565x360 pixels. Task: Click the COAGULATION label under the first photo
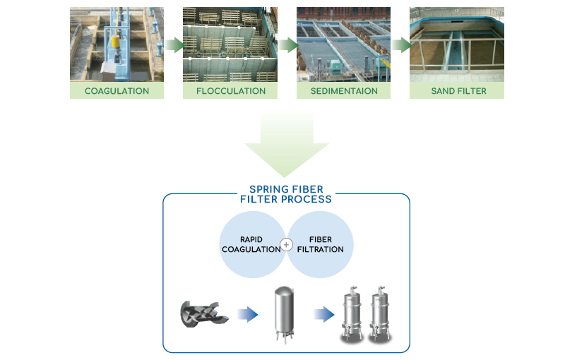click(x=117, y=91)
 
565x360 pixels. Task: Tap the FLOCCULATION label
click(x=230, y=91)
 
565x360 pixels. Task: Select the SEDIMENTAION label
click(x=344, y=91)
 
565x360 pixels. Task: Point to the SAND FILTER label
click(x=458, y=91)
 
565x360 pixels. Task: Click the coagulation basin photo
click(x=117, y=44)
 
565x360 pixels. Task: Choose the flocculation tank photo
click(x=230, y=44)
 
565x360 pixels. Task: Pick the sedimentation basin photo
click(x=344, y=44)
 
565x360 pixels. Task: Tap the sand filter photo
click(x=458, y=44)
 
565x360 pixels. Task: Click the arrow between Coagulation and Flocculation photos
click(x=173, y=45)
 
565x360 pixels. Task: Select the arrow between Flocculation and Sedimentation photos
click(x=287, y=45)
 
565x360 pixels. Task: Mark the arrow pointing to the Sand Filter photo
click(x=401, y=45)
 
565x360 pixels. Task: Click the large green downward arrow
click(x=286, y=145)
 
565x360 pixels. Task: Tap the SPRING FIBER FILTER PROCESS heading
click(x=286, y=194)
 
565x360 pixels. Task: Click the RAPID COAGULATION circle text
click(x=251, y=245)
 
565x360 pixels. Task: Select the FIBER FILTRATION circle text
click(x=320, y=245)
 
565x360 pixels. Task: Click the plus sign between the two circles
click(x=286, y=245)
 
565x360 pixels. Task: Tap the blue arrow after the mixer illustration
click(x=247, y=314)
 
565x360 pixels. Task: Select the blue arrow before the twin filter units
click(x=323, y=314)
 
